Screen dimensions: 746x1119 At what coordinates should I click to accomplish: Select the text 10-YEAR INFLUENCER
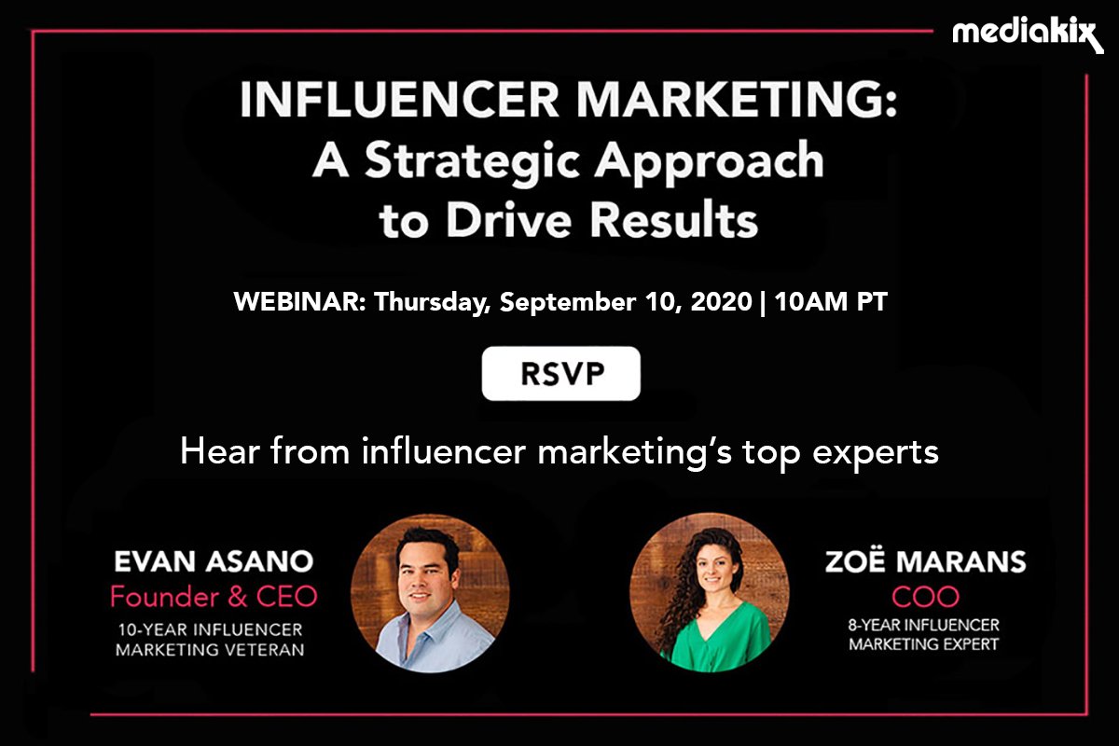(209, 629)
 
